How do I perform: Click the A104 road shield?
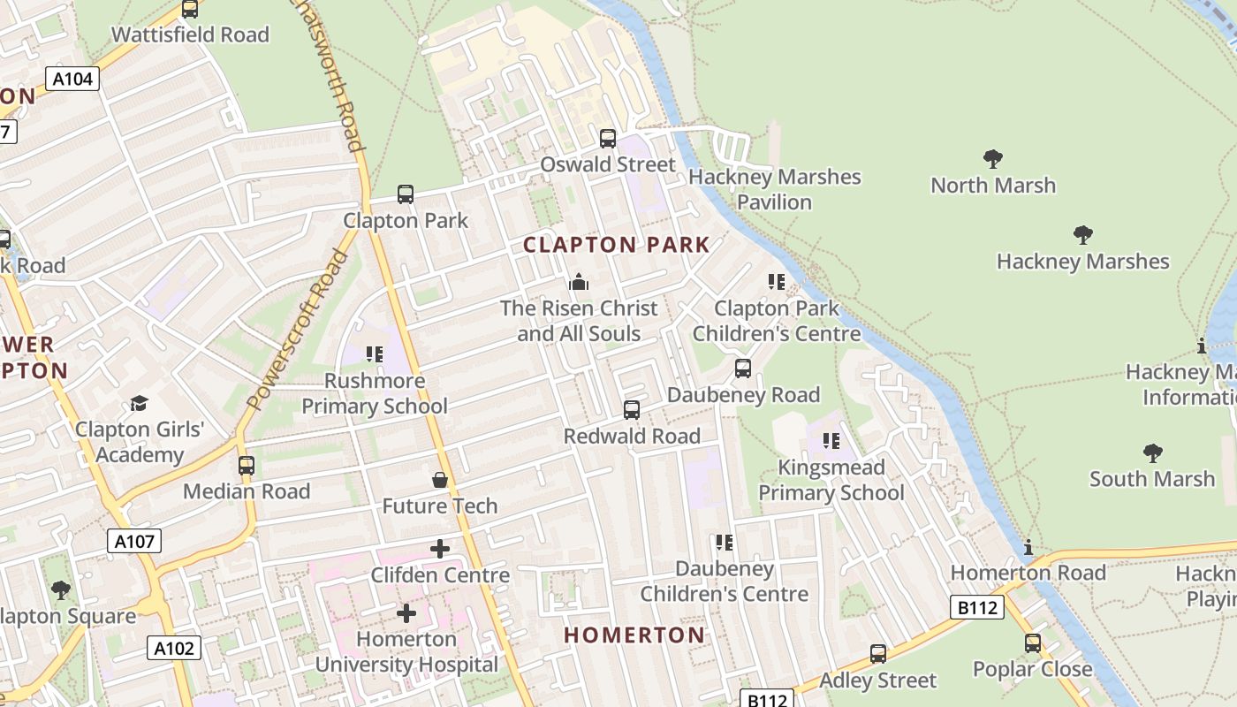pyautogui.click(x=72, y=79)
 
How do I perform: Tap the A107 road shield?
pyautogui.click(x=134, y=541)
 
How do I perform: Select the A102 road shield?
pyautogui.click(x=173, y=649)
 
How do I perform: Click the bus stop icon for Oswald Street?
pyautogui.click(x=608, y=139)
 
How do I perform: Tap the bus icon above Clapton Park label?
pyautogui.click(x=406, y=194)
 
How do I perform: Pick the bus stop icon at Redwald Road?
pyautogui.click(x=632, y=410)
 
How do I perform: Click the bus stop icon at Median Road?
pyautogui.click(x=247, y=466)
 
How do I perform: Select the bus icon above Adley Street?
pyautogui.click(x=877, y=654)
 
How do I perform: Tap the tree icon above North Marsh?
pyautogui.click(x=993, y=159)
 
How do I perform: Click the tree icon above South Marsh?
pyautogui.click(x=1152, y=453)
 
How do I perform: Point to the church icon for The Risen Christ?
pyautogui.click(x=579, y=282)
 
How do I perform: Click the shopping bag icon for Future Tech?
pyautogui.click(x=439, y=480)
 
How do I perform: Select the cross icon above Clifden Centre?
pyautogui.click(x=439, y=549)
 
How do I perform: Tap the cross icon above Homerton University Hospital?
pyautogui.click(x=406, y=612)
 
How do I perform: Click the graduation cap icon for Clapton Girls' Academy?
pyautogui.click(x=139, y=404)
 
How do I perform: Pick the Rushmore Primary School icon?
pyautogui.click(x=374, y=354)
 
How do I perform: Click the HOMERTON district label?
pyautogui.click(x=634, y=635)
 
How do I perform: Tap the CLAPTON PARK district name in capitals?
pyautogui.click(x=617, y=245)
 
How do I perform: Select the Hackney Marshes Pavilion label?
pyautogui.click(x=774, y=189)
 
